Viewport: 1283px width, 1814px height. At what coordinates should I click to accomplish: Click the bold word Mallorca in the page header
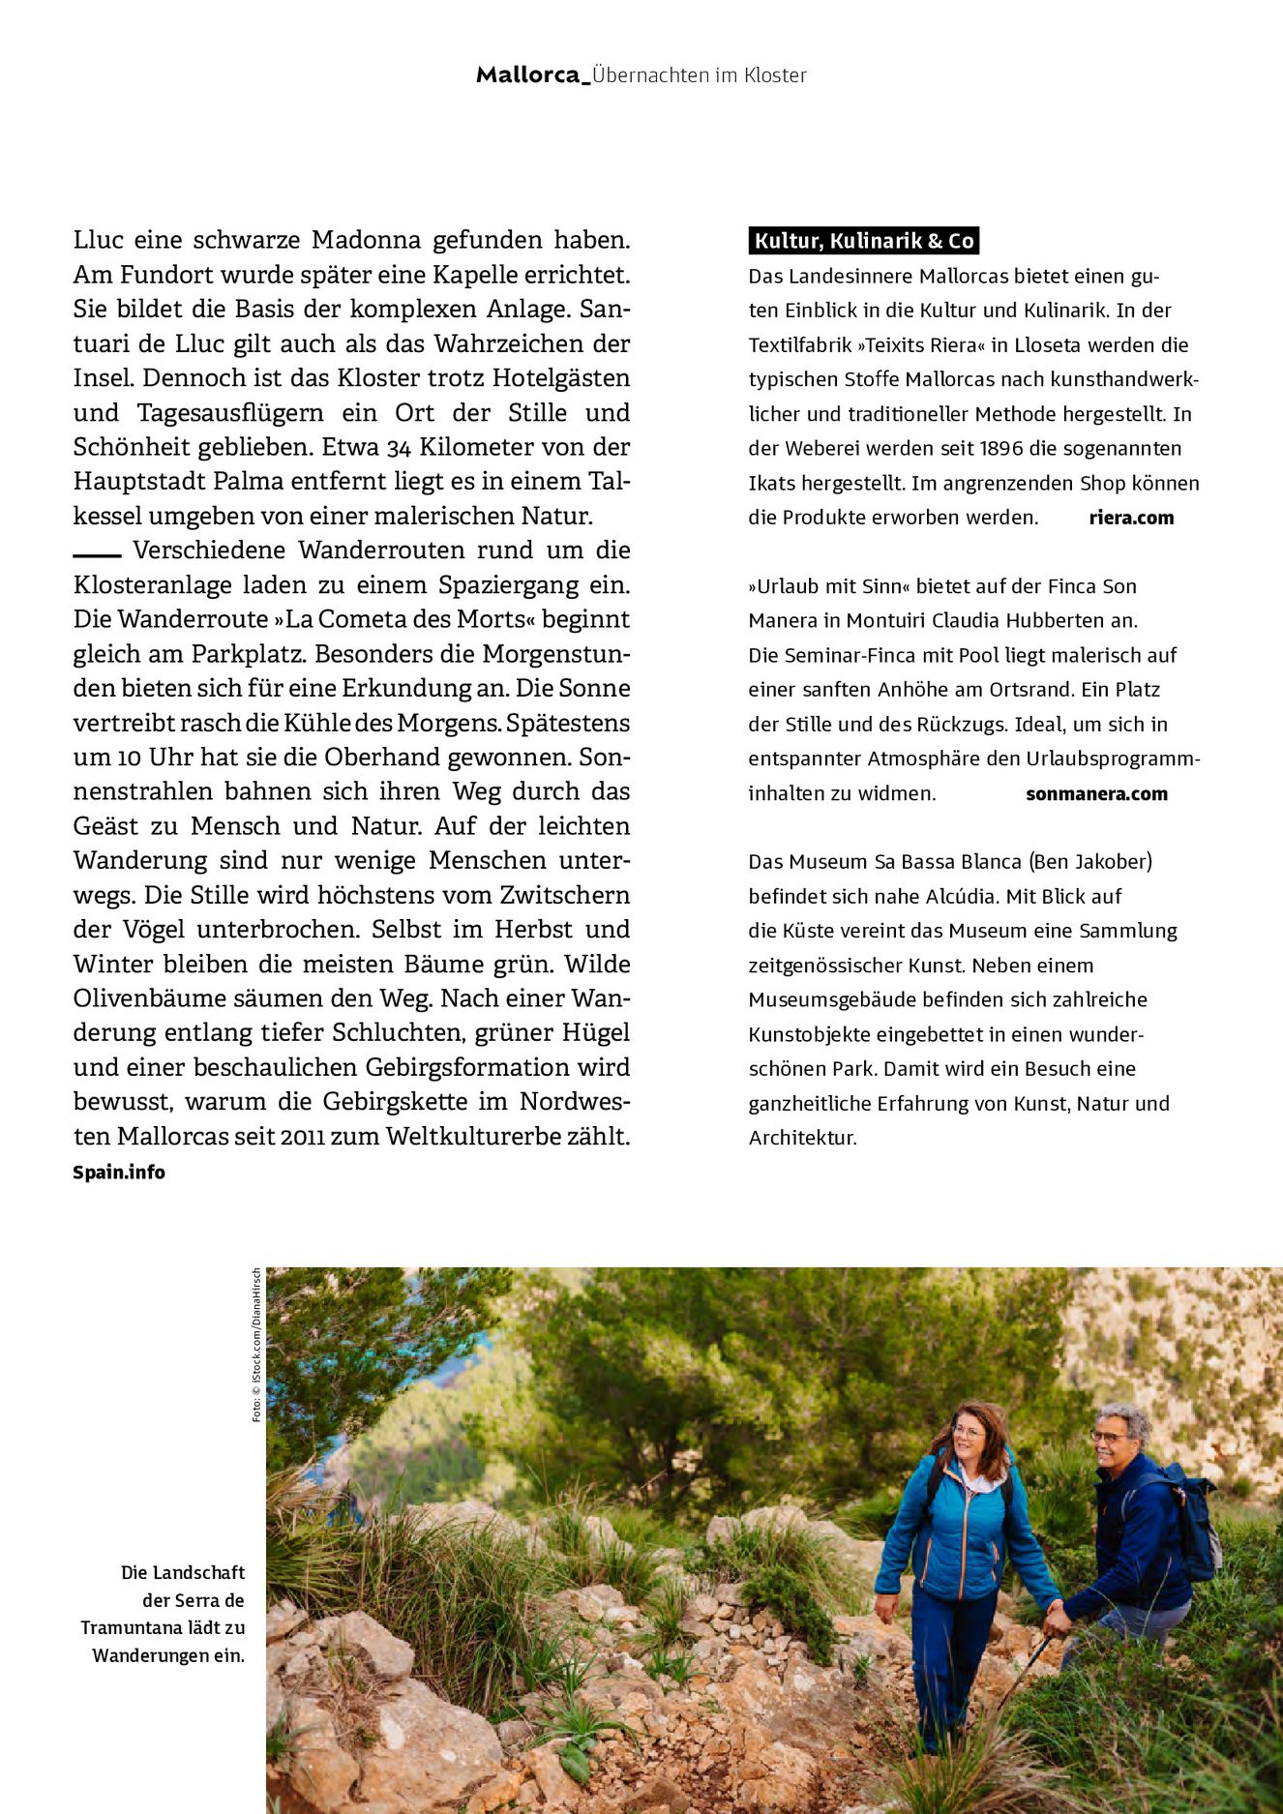[x=528, y=75]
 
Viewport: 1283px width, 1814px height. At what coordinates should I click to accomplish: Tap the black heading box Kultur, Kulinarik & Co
[x=863, y=241]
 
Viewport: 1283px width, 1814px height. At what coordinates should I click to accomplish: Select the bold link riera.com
[x=1131, y=518]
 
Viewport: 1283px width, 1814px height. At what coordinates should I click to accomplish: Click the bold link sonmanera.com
[x=1096, y=794]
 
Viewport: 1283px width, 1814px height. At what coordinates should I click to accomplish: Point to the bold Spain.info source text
[x=119, y=1173]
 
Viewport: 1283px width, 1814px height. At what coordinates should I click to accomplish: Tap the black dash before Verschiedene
[x=97, y=555]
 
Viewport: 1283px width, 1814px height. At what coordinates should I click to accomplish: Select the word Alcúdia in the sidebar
[x=961, y=896]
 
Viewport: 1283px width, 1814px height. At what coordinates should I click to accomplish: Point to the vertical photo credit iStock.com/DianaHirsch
[x=256, y=1345]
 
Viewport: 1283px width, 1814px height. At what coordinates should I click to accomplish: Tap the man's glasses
[x=1110, y=1437]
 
